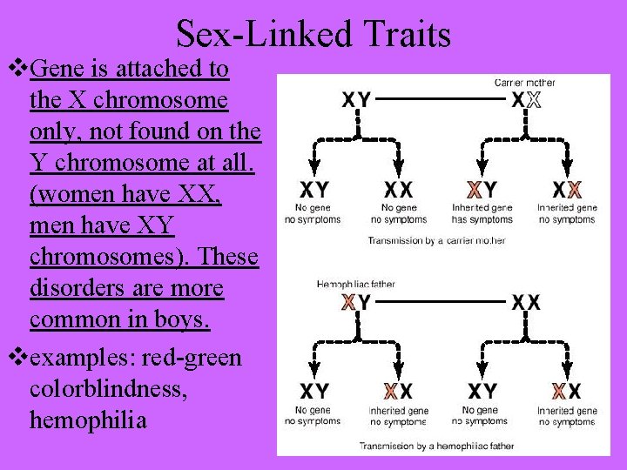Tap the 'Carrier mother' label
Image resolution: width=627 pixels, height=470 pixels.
pyautogui.click(x=524, y=83)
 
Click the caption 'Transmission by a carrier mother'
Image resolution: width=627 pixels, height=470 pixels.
pyautogui.click(x=436, y=240)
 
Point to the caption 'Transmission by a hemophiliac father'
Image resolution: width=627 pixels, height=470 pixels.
pyautogui.click(x=436, y=446)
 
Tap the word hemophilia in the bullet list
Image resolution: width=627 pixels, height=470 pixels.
pyautogui.click(x=88, y=420)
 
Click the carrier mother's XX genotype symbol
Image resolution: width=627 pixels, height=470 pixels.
pyautogui.click(x=526, y=100)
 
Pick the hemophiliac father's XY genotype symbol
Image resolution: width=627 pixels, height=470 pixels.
pyautogui.click(x=356, y=303)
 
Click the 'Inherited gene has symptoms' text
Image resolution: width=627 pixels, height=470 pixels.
pyautogui.click(x=482, y=214)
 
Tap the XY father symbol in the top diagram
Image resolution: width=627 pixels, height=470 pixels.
pyautogui.click(x=357, y=100)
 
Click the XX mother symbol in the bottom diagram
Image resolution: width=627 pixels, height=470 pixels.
pyautogui.click(x=526, y=303)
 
